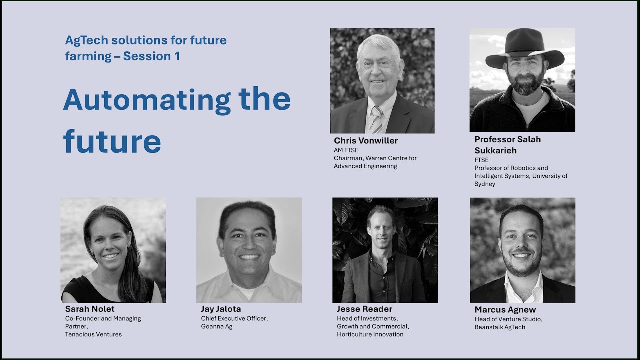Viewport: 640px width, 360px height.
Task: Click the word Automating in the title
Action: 146,100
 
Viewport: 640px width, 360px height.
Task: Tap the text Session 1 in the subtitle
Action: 151,56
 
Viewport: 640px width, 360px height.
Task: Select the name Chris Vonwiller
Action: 366,141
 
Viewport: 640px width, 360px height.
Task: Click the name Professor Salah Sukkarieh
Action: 507,145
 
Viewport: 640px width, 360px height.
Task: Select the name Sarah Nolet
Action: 90,309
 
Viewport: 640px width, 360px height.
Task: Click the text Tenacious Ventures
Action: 93,334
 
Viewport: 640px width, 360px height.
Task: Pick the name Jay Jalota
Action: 221,309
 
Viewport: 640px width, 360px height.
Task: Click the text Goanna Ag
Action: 217,326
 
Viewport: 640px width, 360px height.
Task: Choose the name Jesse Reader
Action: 364,309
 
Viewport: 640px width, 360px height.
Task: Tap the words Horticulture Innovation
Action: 370,334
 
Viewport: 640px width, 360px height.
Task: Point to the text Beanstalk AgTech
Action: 500,327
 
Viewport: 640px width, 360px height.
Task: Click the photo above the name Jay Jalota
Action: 249,250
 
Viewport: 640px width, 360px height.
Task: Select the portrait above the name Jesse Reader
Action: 385,250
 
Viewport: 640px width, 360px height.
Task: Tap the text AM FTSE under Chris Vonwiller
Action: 346,150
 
